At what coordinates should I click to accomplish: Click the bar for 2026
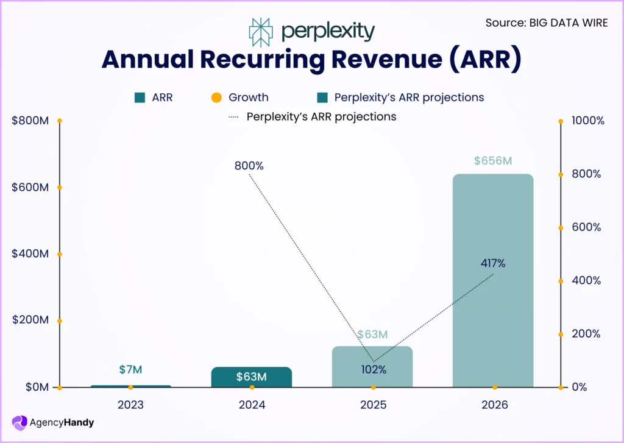(493, 280)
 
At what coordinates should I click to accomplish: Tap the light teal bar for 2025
(372, 366)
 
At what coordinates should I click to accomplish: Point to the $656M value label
(492, 161)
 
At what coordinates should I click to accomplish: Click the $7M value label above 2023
(130, 369)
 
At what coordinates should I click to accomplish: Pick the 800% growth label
(249, 166)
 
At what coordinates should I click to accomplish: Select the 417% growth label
(492, 264)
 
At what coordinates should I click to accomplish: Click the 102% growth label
(372, 369)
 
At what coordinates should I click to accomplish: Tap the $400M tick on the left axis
(30, 254)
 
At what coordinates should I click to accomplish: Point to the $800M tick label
(30, 121)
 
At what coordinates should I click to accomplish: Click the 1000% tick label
(588, 121)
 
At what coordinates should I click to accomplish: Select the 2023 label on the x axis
(130, 405)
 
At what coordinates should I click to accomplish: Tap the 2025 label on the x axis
(372, 405)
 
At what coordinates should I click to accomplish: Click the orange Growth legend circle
(216, 97)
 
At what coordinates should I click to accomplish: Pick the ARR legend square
(140, 97)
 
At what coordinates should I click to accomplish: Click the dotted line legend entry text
(321, 116)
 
